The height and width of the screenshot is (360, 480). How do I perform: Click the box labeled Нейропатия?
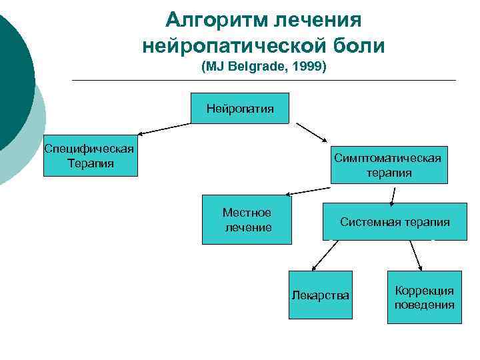click(x=240, y=108)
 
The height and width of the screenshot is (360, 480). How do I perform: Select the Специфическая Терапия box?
click(x=91, y=157)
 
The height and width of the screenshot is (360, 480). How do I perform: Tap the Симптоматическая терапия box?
click(x=389, y=165)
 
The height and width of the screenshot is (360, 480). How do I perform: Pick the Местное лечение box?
click(x=247, y=220)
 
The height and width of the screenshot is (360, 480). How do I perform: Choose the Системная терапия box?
click(x=395, y=221)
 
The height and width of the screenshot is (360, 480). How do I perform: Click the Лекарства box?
click(x=320, y=295)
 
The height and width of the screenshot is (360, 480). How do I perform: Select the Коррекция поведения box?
click(x=424, y=297)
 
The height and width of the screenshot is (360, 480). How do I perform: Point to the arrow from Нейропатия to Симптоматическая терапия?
click(x=312, y=133)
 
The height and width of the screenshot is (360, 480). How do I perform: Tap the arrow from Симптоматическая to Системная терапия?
click(x=393, y=195)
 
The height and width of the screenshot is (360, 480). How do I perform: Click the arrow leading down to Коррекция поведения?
click(x=416, y=254)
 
